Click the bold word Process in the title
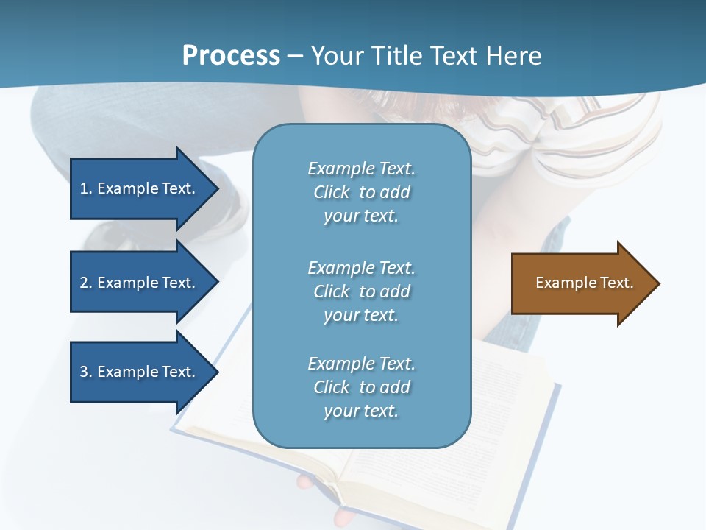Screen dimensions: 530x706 click(x=231, y=56)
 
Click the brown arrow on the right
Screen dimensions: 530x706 click(x=581, y=283)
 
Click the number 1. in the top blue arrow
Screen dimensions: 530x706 click(x=86, y=188)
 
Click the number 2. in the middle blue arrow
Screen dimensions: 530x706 click(x=86, y=283)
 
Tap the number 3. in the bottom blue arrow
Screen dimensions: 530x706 click(x=86, y=372)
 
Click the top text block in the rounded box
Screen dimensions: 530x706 click(x=361, y=192)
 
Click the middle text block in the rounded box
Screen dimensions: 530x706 click(x=361, y=291)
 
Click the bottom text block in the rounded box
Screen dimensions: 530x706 click(x=361, y=387)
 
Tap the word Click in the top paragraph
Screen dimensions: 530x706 click(x=332, y=193)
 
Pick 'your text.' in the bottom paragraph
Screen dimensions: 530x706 click(x=361, y=411)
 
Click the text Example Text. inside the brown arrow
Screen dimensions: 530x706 click(x=584, y=283)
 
